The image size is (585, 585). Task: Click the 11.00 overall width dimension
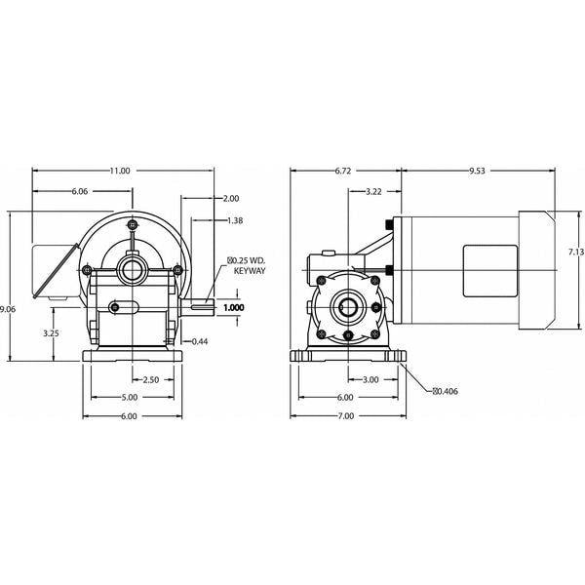click(x=120, y=171)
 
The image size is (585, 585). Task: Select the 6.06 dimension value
click(x=80, y=191)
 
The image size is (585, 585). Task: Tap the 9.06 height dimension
click(x=8, y=309)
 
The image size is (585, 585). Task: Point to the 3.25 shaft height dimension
click(x=51, y=333)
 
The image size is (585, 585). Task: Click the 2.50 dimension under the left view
click(x=151, y=380)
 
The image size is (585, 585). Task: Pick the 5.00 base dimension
click(x=129, y=398)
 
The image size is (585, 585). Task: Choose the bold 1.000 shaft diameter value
click(x=234, y=307)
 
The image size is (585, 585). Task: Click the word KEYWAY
click(x=250, y=271)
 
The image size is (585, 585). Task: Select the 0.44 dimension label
click(x=200, y=341)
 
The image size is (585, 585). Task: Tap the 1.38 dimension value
click(x=235, y=220)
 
